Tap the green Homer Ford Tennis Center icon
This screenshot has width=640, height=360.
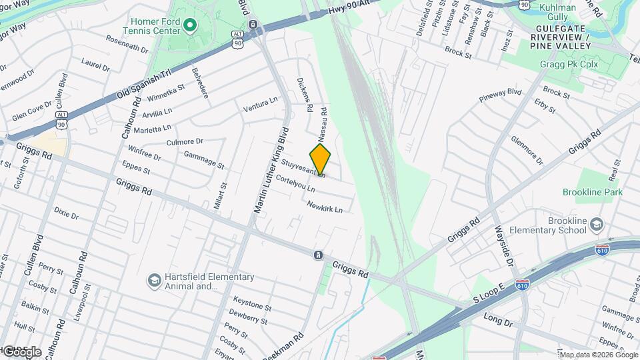(x=190, y=26)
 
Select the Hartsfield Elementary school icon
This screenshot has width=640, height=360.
(x=154, y=280)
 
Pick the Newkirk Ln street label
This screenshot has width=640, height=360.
(x=325, y=208)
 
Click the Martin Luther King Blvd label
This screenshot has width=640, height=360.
(x=271, y=170)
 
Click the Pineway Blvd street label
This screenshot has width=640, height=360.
(x=500, y=95)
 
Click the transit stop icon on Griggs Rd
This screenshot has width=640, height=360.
(x=318, y=255)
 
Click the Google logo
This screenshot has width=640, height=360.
(x=21, y=351)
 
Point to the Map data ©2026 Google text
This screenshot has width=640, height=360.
(x=598, y=354)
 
